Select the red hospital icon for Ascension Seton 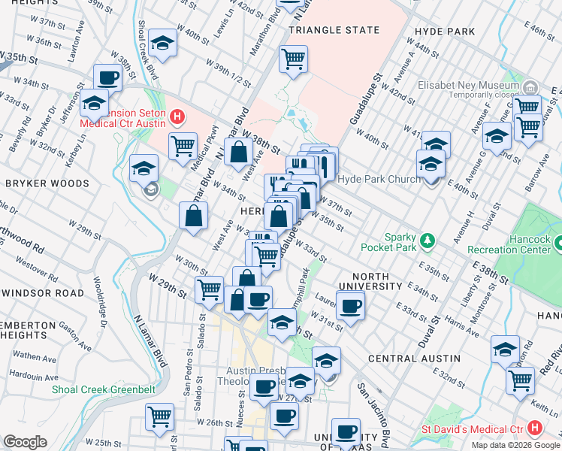pos(177,117)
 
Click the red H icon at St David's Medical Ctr pos(534,428)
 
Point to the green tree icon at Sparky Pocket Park pos(428,240)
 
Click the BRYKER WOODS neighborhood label pos(38,183)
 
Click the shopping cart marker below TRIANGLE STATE pos(293,59)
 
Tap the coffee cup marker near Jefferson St pos(108,77)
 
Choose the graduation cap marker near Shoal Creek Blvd pos(162,44)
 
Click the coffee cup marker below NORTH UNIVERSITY pos(350,305)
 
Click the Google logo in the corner pos(26,442)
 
